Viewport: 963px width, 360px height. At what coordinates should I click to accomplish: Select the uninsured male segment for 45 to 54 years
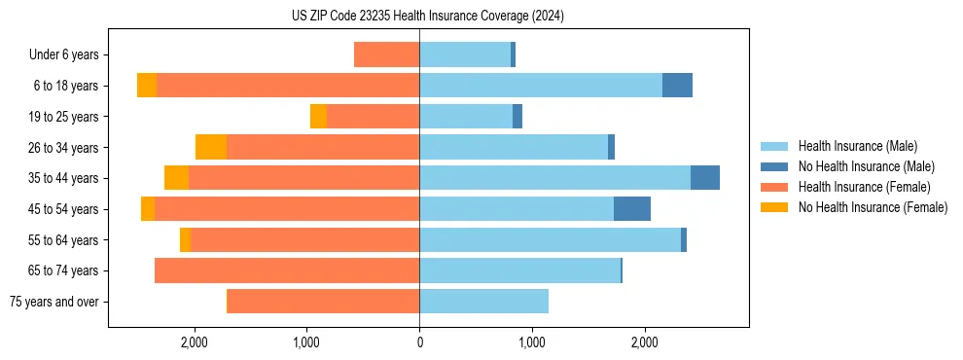tap(632, 209)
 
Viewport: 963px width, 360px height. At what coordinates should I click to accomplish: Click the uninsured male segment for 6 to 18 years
tap(677, 86)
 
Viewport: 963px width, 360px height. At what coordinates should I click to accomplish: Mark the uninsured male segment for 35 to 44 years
tap(705, 178)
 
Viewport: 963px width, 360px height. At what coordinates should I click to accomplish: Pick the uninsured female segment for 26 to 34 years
tap(211, 147)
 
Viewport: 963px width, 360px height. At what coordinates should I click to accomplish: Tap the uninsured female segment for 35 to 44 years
tap(176, 178)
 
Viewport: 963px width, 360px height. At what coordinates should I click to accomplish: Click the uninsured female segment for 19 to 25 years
tap(318, 117)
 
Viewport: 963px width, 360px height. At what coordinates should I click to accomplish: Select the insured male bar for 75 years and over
tap(483, 302)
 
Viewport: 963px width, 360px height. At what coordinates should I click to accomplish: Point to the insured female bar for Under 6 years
tap(386, 55)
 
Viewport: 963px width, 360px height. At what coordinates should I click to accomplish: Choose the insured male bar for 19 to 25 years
tap(466, 117)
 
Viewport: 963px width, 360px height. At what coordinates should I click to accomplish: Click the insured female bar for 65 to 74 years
tap(287, 270)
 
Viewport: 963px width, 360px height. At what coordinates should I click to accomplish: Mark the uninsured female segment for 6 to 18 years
tap(147, 86)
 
